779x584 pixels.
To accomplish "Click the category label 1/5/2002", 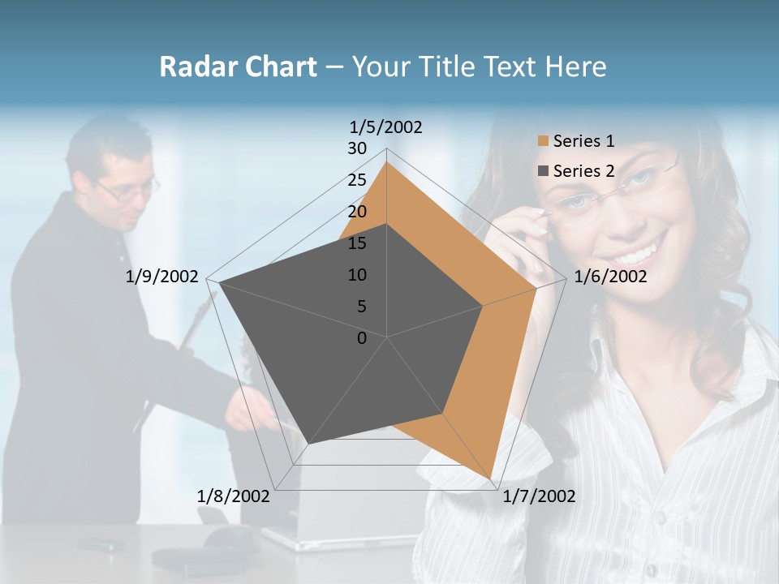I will coord(385,127).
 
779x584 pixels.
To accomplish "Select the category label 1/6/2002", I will coord(610,277).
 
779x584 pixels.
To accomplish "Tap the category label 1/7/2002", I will coord(539,496).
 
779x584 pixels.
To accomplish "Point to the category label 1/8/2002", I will coord(233,496).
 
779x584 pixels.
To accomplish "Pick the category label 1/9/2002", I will coord(161,277).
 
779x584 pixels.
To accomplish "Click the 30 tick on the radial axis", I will coord(357,148).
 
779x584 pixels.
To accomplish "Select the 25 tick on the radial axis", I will coord(357,180).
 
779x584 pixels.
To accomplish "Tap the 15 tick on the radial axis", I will coord(357,243).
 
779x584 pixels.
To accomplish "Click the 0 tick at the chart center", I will coord(362,338).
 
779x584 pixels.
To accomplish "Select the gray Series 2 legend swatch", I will coord(543,171).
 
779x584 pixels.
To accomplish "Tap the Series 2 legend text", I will coord(583,171).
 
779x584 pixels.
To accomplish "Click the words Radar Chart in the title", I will coord(238,67).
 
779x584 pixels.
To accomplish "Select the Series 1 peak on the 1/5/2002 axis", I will coord(386,162).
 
